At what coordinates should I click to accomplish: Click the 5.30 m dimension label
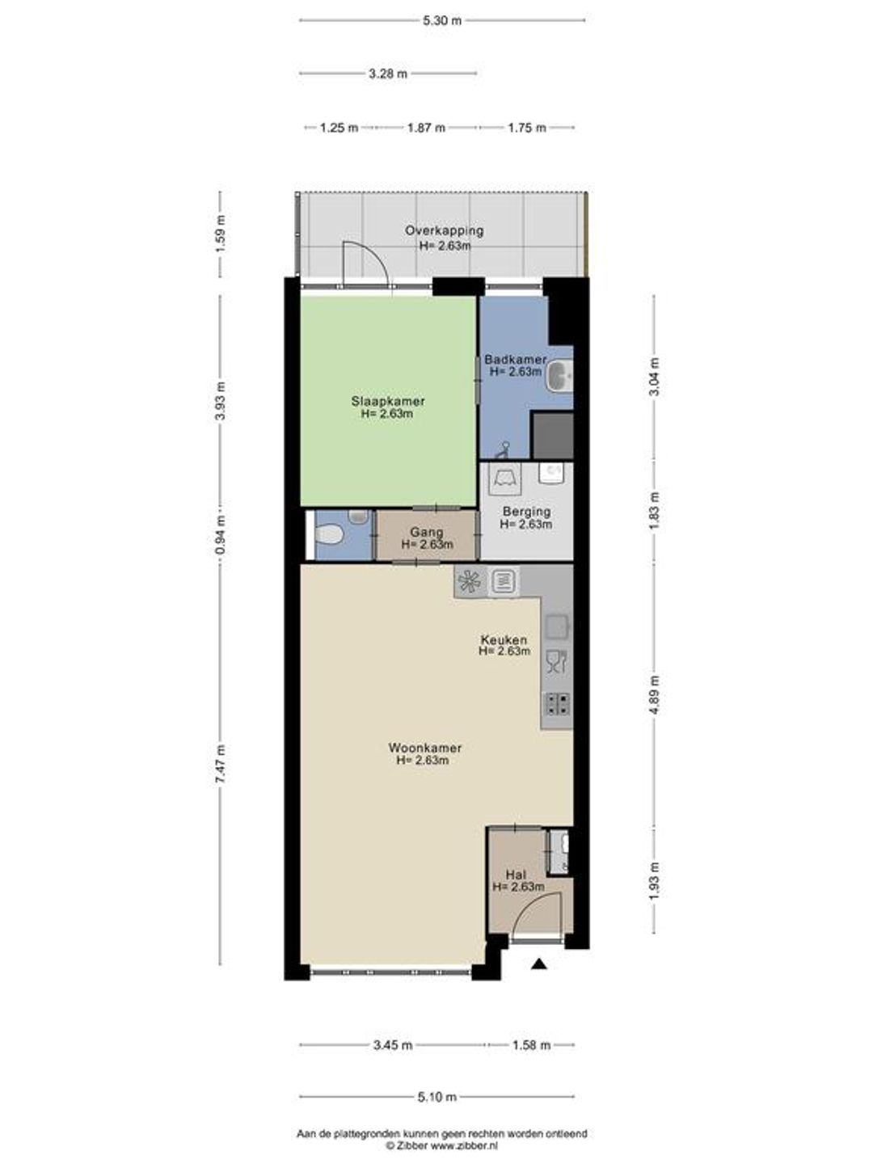coord(442,21)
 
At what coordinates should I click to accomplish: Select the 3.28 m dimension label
coord(388,74)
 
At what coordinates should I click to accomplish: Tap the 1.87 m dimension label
coord(426,128)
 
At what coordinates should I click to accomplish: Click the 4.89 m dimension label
coord(655,694)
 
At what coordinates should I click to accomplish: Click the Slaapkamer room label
coord(388,401)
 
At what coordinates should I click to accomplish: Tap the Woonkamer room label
coord(425,748)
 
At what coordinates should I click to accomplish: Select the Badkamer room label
coord(515,360)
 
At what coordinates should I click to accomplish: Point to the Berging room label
coord(526,512)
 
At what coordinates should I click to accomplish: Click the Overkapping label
coord(445,230)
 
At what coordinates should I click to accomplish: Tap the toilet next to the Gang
coord(330,533)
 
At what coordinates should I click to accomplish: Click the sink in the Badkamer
coord(559,376)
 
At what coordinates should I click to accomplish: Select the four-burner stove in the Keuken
coord(558,704)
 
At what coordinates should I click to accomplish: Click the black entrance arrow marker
coord(539,964)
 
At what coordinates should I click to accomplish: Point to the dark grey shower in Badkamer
coord(552,436)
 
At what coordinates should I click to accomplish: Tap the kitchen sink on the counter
coord(557,627)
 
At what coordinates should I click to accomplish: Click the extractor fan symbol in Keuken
coord(470,581)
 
